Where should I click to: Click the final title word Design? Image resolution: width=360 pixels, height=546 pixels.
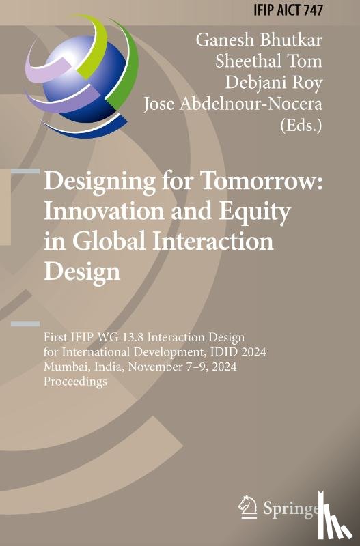(82, 271)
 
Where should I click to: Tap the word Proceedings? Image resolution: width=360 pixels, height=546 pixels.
(76, 382)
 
